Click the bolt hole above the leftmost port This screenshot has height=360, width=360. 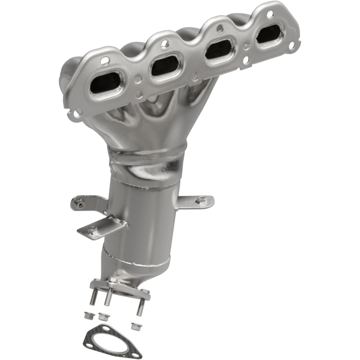pos(105,60)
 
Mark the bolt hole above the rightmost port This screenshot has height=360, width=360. pos(270,14)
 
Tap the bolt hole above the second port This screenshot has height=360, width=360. pos(165,44)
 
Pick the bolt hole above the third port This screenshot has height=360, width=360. pos(220,28)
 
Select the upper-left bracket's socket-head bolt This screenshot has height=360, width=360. pos(80,204)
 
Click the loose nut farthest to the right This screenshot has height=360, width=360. pos(134,325)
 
